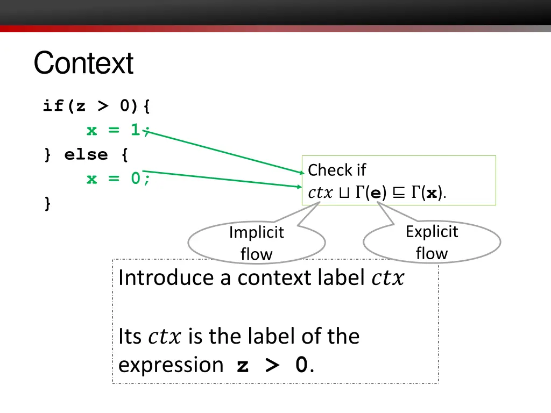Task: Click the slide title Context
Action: point(83,63)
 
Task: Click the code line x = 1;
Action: point(119,130)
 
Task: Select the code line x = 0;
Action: point(119,179)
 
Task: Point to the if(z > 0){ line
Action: point(97,106)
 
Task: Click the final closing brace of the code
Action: point(48,203)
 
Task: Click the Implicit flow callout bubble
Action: point(257,243)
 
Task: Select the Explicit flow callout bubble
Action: point(432,243)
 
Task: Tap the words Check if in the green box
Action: point(337,170)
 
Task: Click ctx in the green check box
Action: point(320,193)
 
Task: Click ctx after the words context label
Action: point(387,279)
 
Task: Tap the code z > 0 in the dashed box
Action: point(272,366)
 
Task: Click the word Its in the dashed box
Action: point(130,337)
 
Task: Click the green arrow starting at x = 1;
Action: point(226,153)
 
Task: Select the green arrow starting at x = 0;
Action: point(226,179)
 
